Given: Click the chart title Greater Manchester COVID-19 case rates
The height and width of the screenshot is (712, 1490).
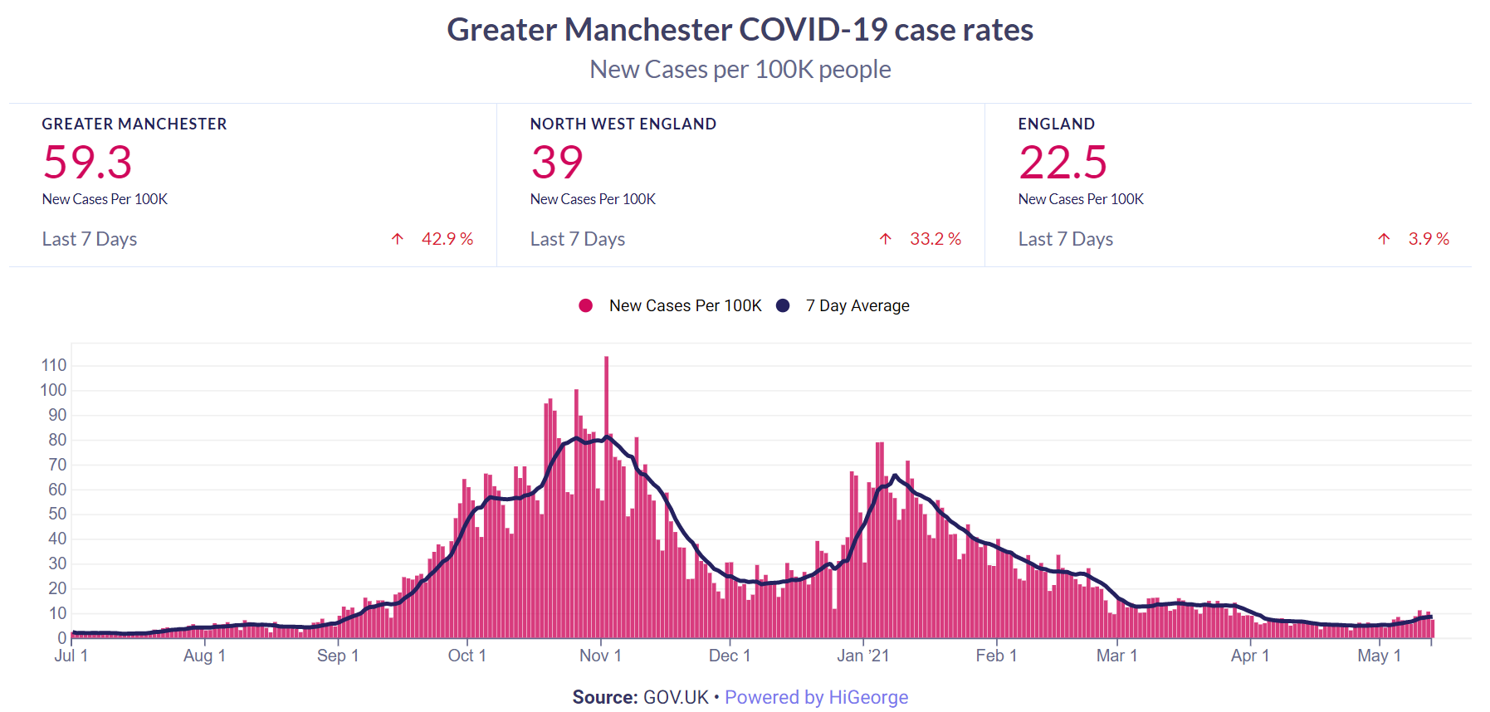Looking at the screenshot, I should tap(740, 30).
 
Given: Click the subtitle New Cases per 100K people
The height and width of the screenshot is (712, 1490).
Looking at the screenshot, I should tap(740, 70).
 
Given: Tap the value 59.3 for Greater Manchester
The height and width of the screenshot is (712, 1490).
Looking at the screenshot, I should tap(87, 162).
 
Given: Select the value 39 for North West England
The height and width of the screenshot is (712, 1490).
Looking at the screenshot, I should tap(557, 162).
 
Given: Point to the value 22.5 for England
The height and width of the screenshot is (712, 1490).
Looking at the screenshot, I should tap(1063, 162).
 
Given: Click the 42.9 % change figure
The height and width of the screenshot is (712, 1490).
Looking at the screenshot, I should tap(447, 239).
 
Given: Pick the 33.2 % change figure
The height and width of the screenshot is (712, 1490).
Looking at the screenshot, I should tap(935, 239).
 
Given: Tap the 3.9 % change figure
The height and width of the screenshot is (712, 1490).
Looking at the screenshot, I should tap(1428, 239).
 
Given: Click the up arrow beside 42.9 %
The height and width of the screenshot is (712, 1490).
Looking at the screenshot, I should tap(398, 239).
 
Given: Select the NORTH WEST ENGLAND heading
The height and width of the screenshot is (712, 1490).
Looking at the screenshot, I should tap(623, 124).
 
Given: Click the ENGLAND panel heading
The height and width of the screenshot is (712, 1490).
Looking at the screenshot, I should tap(1056, 124).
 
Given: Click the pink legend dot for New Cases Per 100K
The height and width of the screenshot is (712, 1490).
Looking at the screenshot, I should tap(586, 305).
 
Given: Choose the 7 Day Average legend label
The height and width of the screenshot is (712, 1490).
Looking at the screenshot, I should tap(857, 305).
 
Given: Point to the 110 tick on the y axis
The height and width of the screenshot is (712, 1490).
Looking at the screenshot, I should tap(54, 365).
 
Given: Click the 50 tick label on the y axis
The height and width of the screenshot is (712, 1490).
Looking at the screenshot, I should tap(57, 514).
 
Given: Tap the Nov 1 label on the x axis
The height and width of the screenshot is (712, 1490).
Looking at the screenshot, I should tap(600, 656).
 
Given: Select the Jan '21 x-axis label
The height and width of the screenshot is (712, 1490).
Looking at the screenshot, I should tap(862, 656).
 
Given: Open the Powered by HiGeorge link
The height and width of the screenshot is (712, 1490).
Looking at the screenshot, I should tap(816, 697).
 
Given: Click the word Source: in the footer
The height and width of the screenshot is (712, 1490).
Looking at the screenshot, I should tap(604, 697).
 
